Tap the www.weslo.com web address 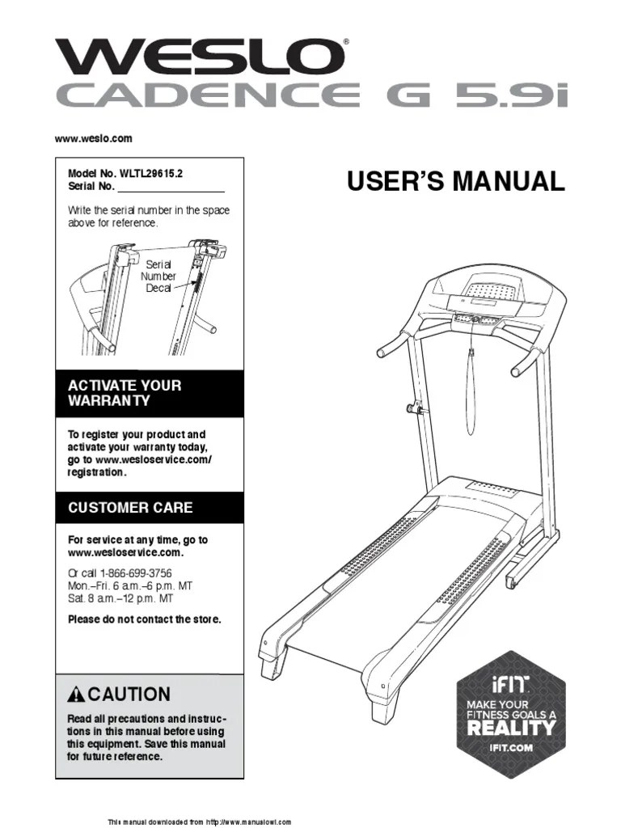[93, 138]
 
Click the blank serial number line [171, 188]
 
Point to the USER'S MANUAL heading [455, 181]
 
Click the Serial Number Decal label [158, 276]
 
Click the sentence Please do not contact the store [144, 619]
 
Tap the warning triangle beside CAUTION [77, 695]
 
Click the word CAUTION [129, 694]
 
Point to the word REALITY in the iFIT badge [511, 727]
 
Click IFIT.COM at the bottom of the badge [511, 748]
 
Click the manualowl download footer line [200, 822]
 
